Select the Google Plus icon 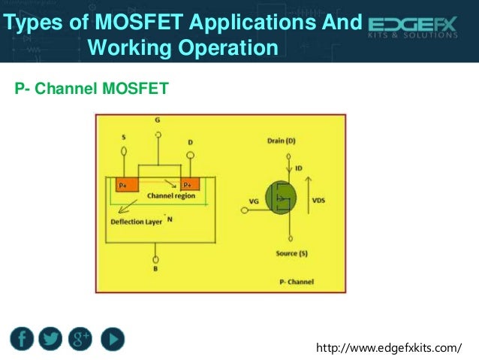click(80, 339)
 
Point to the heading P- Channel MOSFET click(92, 91)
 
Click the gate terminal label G click(157, 120)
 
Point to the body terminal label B click(155, 268)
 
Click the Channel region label click(170, 195)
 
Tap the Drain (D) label click(282, 141)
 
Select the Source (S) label click(291, 254)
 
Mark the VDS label click(318, 201)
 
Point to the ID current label click(299, 168)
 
